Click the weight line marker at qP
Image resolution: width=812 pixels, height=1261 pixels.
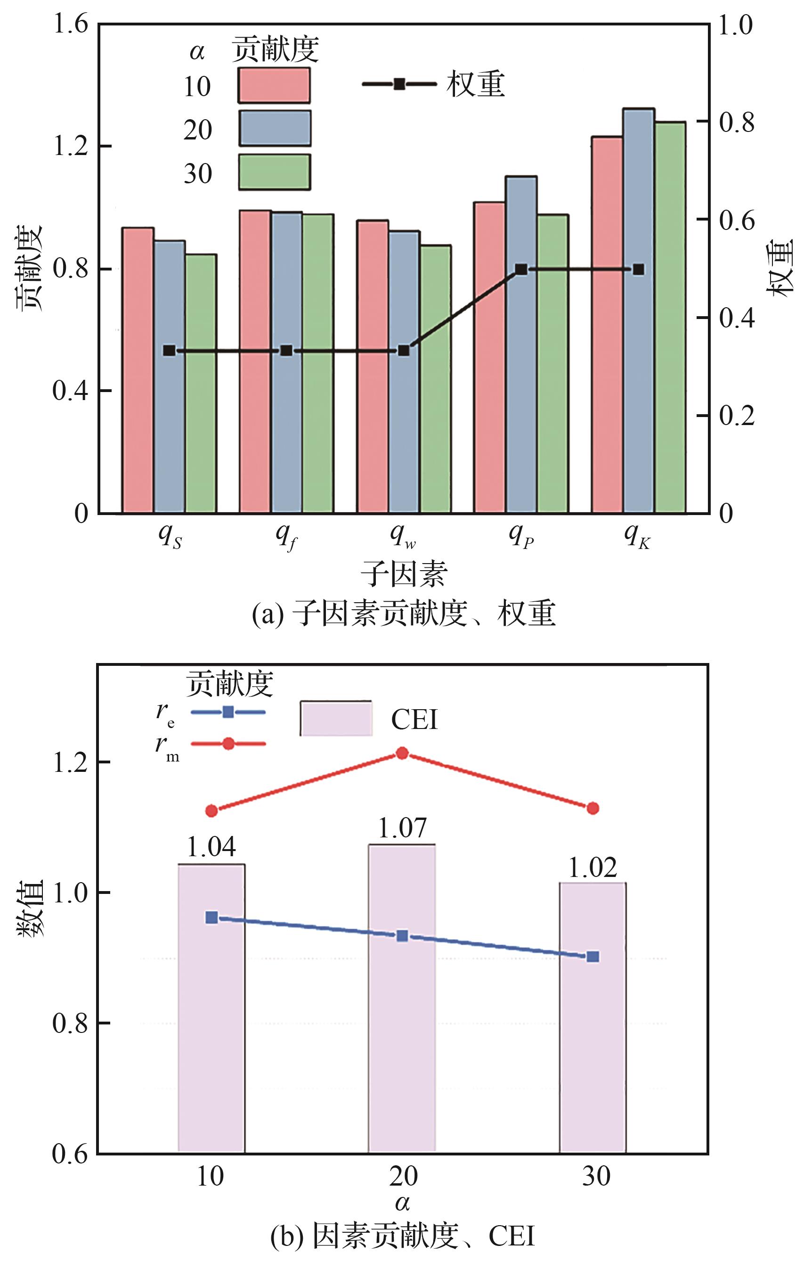click(x=521, y=270)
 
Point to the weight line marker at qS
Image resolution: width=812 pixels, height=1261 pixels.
click(x=169, y=351)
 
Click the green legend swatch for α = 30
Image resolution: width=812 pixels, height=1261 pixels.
click(x=274, y=172)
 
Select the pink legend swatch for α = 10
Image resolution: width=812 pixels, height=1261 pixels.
click(x=274, y=85)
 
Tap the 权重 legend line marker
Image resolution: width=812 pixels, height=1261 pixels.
click(x=399, y=84)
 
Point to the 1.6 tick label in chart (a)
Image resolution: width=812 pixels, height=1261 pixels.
click(x=71, y=24)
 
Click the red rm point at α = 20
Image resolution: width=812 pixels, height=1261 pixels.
click(x=402, y=753)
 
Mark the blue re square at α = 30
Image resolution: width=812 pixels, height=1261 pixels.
click(x=593, y=957)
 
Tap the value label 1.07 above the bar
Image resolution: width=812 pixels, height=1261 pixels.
click(x=402, y=828)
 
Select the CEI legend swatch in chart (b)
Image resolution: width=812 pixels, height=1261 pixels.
click(x=336, y=718)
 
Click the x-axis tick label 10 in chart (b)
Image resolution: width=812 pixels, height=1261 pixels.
click(x=211, y=1177)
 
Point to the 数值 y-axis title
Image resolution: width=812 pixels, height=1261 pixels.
click(x=31, y=908)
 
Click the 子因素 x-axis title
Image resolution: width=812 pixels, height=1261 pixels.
click(x=404, y=574)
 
